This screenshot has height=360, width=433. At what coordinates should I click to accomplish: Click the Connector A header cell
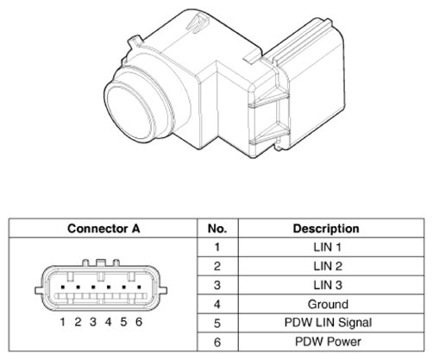(x=104, y=229)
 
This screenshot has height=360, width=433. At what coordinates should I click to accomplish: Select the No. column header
(x=217, y=229)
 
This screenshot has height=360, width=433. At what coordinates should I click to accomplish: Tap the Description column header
(x=331, y=229)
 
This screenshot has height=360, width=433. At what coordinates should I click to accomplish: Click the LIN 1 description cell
(x=331, y=247)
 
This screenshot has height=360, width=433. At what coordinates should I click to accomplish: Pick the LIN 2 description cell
(x=331, y=266)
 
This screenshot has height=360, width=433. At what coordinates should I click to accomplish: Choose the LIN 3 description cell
(x=331, y=285)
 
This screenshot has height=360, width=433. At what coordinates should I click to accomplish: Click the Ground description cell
(x=331, y=304)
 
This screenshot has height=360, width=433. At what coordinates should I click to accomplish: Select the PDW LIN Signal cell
(x=331, y=323)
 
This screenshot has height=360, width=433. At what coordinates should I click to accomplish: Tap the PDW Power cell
(x=331, y=342)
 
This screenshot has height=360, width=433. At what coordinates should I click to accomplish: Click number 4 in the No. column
(x=217, y=305)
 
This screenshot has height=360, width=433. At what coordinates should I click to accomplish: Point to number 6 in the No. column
(x=217, y=342)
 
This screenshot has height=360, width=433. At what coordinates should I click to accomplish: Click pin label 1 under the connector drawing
(x=63, y=322)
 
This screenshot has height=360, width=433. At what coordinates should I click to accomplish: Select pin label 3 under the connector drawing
(x=93, y=322)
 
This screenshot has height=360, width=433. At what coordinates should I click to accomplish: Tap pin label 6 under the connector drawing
(x=139, y=322)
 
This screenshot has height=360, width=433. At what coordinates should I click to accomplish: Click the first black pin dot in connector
(x=63, y=287)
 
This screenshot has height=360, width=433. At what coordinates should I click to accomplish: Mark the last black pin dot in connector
(x=140, y=287)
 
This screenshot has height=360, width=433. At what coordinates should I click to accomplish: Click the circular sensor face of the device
(x=129, y=112)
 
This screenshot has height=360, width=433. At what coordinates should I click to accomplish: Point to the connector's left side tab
(x=39, y=290)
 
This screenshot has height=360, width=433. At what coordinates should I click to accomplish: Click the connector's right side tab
(x=163, y=290)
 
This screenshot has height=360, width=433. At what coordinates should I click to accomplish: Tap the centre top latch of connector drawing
(x=101, y=262)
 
